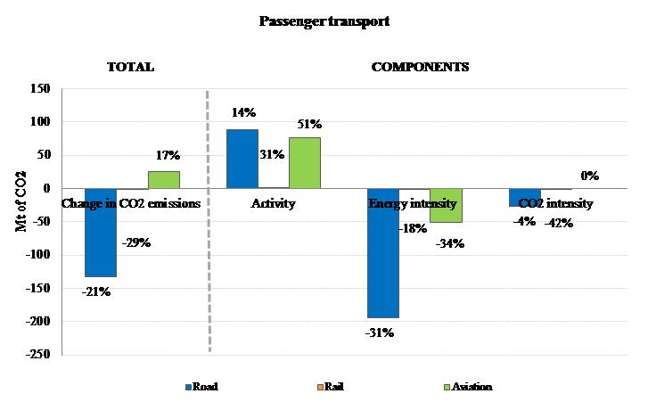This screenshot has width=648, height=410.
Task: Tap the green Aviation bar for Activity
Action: pos(305,162)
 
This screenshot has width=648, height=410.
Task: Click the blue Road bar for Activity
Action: pos(242,159)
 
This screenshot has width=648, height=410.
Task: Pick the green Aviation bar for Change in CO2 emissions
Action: pos(164,179)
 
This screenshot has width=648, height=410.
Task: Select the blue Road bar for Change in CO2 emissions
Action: pos(101,232)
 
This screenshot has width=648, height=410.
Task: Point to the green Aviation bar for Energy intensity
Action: pos(446,205)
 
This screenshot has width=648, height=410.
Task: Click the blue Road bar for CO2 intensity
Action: pos(524,197)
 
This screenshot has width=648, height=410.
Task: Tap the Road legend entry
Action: pos(201,387)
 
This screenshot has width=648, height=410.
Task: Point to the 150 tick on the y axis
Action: pos(39,88)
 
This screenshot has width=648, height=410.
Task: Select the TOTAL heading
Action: pos(130,67)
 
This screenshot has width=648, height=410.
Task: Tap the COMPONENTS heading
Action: pos(420,67)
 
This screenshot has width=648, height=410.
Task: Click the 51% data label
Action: pos(309,124)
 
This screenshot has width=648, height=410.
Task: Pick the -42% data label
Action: pos(558,224)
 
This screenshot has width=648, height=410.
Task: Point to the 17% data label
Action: pos(168,154)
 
